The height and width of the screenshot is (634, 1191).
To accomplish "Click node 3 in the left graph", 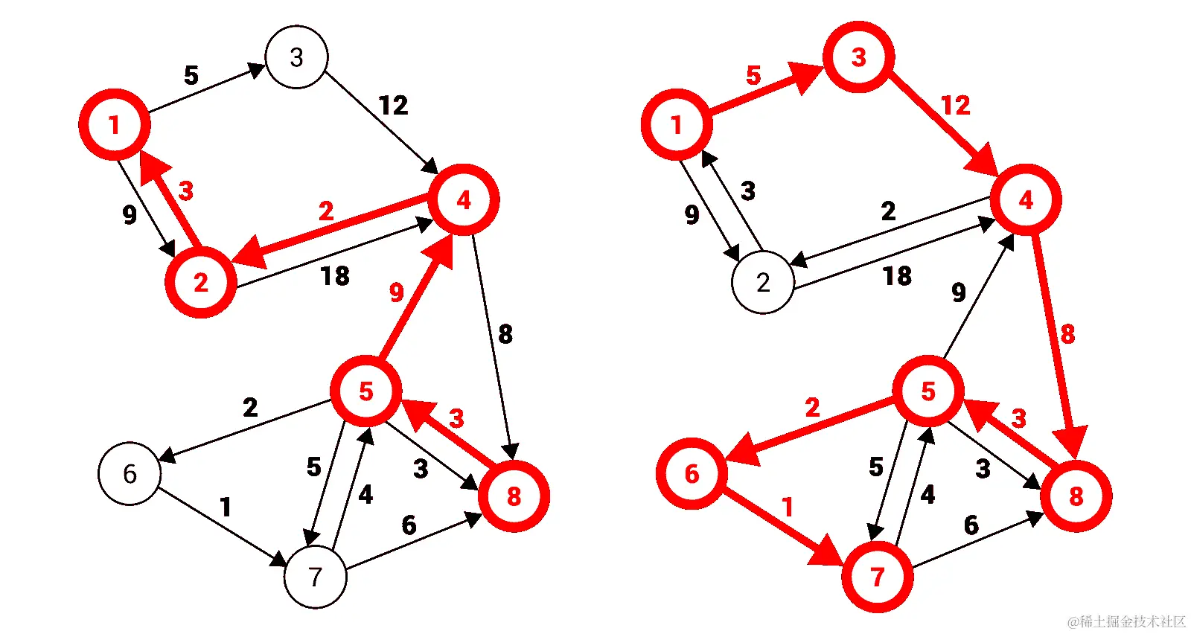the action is (x=296, y=57).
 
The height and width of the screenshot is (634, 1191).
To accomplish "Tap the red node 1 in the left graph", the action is (x=114, y=124).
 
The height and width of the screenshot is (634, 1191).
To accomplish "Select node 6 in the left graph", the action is (x=130, y=474).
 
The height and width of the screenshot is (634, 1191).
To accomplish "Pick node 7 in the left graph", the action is (x=316, y=577).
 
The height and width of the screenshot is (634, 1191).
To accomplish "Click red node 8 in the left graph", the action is (x=514, y=496).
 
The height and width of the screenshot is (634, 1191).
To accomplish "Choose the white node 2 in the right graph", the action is (x=763, y=283).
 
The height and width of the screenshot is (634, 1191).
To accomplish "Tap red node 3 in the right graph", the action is (x=859, y=57).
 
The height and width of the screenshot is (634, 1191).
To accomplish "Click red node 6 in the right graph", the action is (x=692, y=474).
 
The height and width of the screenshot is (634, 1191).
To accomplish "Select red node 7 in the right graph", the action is (x=877, y=577).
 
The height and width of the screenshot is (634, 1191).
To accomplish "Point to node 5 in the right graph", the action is (x=927, y=391).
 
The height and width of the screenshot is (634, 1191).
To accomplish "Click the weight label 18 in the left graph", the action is (x=335, y=276).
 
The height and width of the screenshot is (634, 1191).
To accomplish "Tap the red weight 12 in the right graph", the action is (x=956, y=106).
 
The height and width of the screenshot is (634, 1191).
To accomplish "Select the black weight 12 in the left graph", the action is (x=393, y=106).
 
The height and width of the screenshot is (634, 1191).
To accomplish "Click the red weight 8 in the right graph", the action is (x=1067, y=334).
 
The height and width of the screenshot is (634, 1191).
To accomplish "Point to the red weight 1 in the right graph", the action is (x=788, y=507).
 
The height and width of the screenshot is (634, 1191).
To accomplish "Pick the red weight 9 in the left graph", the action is (x=397, y=292).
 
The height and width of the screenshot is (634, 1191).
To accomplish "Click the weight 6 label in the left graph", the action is (x=409, y=525).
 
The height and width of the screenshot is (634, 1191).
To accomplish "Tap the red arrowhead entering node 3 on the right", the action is (x=806, y=76).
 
